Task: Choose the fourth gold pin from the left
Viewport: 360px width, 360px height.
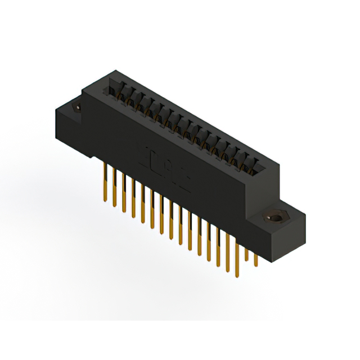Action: pyautogui.click(x=133, y=199)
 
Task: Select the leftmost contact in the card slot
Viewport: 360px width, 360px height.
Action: pyautogui.click(x=115, y=92)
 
